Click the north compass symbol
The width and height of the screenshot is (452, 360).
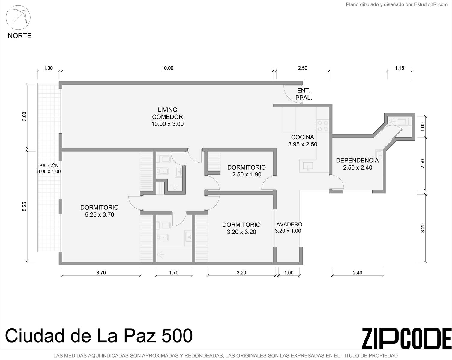[x=18, y=18]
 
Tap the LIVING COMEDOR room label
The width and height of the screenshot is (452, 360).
[x=167, y=117]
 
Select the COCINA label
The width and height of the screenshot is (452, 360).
[x=302, y=141]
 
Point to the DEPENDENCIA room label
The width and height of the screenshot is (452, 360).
[x=357, y=164]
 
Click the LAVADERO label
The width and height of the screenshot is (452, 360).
[x=288, y=228]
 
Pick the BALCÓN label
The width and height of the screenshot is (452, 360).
[x=49, y=169]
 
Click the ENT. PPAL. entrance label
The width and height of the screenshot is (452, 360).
[x=304, y=94]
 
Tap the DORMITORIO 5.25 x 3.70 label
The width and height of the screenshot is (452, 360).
[x=99, y=211]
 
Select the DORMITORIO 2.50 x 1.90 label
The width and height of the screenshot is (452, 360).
[x=246, y=171]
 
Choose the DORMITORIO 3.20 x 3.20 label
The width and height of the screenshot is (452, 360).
[x=241, y=228]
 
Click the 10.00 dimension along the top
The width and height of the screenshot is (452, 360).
[x=167, y=68]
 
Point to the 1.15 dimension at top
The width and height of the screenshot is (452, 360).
[x=399, y=68]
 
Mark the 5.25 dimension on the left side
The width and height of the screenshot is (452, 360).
[x=24, y=207]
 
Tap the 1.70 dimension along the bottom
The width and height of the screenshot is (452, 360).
[x=174, y=273]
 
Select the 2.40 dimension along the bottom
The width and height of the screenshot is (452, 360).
[x=357, y=273]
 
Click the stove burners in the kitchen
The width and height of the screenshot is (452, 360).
[x=322, y=125]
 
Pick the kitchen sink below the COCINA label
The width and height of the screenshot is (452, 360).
[x=308, y=166]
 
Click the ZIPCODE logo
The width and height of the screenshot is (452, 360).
[x=407, y=339]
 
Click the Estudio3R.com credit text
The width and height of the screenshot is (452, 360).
[x=431, y=4]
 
